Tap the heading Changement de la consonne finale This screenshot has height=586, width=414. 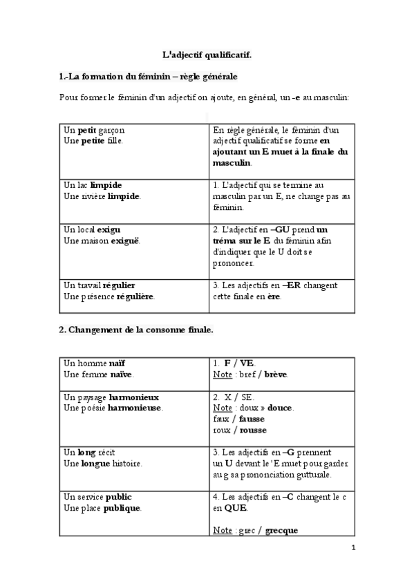click(135, 330)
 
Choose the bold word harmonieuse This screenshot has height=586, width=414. click(133, 408)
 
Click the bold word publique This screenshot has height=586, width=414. click(122, 508)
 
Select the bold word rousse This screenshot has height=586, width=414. click(253, 430)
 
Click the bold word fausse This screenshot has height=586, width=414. click(252, 419)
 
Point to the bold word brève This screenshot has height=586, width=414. click(276, 375)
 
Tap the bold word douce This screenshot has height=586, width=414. click(280, 408)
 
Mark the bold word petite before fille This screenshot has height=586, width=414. click(93, 140)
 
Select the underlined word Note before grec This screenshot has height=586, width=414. click(223, 531)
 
